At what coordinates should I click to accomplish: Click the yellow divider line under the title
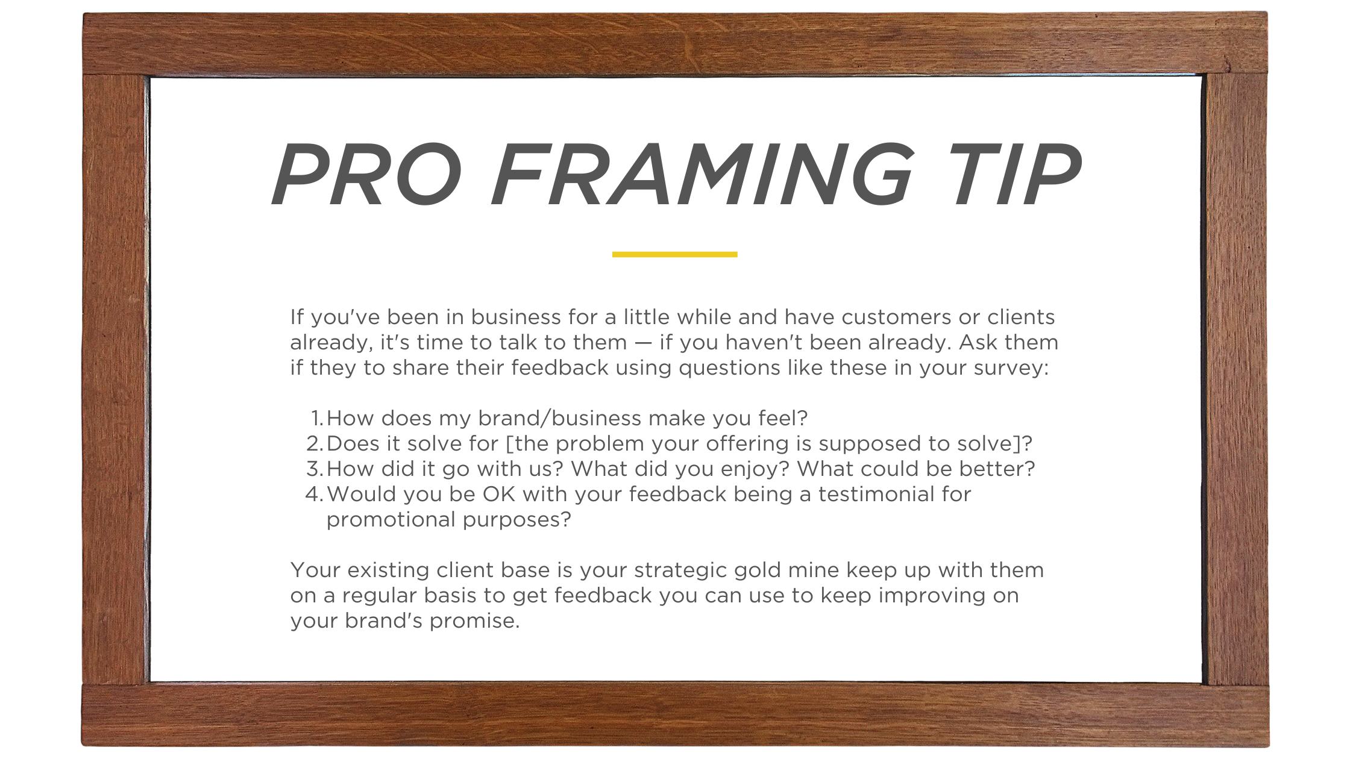click(x=674, y=254)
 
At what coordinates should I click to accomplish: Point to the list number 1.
click(x=317, y=418)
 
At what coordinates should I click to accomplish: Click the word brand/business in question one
click(x=560, y=418)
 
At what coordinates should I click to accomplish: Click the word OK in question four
click(x=499, y=494)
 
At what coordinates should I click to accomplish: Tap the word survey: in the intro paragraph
click(x=1012, y=367)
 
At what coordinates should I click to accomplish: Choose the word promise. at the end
click(x=474, y=621)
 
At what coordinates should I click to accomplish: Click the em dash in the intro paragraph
click(x=643, y=343)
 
